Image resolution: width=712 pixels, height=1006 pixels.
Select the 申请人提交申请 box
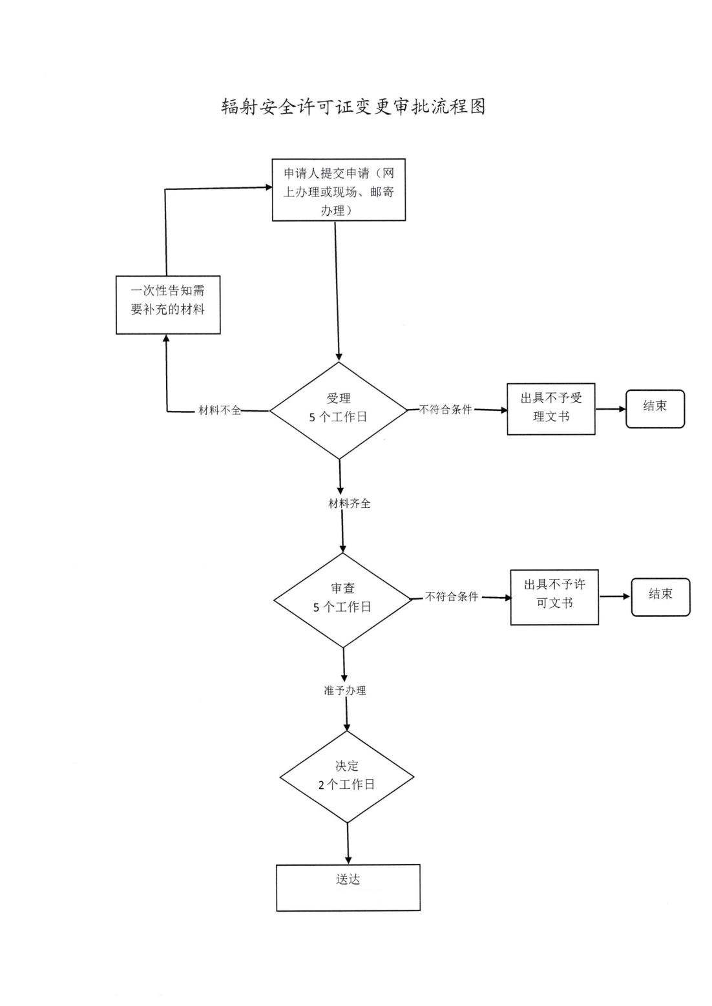click(339, 190)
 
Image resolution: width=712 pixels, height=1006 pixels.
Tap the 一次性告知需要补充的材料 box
click(168, 305)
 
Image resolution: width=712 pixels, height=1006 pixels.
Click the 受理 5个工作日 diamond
click(339, 410)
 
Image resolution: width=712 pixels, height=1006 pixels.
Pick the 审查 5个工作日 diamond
click(342, 600)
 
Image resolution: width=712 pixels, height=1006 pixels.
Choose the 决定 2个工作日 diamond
click(347, 776)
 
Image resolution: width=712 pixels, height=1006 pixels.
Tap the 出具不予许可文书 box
click(554, 597)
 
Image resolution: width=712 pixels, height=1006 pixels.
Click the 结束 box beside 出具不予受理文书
click(654, 408)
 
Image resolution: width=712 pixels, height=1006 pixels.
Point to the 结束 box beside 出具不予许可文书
click(660, 596)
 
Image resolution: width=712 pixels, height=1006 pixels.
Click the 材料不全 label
click(220, 410)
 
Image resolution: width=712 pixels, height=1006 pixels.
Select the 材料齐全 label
click(349, 503)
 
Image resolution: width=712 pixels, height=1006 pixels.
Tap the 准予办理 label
click(345, 690)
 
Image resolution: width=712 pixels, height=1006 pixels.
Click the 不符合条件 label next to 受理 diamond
click(446, 409)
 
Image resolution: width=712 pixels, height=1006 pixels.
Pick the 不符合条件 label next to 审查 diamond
click(452, 597)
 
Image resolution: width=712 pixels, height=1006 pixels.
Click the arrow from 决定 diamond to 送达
click(348, 843)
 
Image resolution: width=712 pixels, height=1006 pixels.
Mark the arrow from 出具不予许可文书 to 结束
click(614, 596)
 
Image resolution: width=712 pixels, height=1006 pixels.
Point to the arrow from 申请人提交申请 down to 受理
click(337, 291)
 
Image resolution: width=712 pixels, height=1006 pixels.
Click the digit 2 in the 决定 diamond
click(321, 785)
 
